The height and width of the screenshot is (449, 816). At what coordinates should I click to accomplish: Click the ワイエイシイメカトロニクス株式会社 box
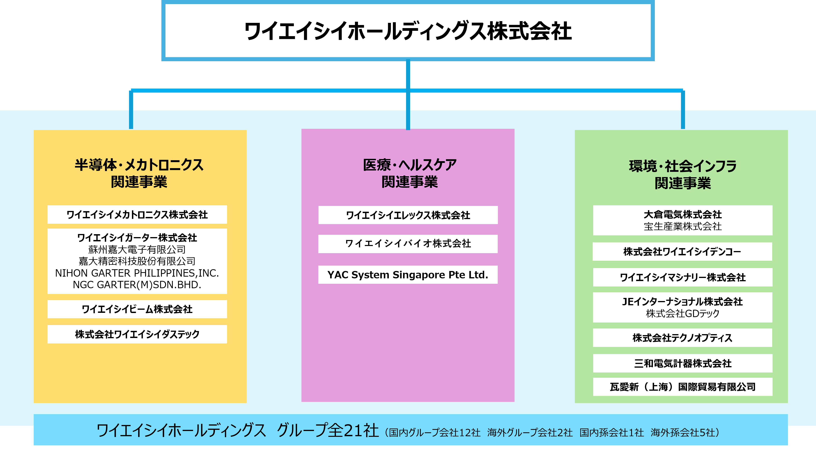click(137, 215)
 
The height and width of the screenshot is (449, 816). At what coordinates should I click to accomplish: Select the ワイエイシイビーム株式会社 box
click(137, 309)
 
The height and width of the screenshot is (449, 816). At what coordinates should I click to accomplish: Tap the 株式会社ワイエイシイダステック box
click(137, 334)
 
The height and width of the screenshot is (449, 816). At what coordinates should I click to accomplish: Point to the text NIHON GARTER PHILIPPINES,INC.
click(137, 273)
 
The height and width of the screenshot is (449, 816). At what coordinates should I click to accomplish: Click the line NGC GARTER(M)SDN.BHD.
click(137, 285)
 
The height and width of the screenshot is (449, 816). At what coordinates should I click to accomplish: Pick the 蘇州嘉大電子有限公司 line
click(137, 249)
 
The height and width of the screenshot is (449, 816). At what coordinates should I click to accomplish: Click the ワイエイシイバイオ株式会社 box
click(408, 243)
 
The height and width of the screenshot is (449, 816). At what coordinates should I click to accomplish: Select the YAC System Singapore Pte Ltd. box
click(408, 274)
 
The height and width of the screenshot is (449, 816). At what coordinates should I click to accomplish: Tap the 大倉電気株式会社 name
click(683, 215)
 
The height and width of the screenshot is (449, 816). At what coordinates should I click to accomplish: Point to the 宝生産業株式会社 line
click(683, 226)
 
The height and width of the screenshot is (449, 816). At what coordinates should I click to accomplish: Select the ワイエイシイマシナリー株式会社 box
click(683, 277)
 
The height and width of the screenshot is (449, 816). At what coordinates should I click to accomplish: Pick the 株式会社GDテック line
click(683, 313)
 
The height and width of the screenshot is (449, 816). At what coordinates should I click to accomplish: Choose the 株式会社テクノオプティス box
click(683, 338)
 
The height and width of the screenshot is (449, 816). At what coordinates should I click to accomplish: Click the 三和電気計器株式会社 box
click(683, 363)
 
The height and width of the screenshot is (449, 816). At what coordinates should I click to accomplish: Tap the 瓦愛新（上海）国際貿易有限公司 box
click(683, 387)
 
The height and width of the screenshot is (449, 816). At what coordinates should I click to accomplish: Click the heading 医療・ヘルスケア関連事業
click(409, 173)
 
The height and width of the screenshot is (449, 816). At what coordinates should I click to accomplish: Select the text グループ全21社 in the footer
click(328, 431)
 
